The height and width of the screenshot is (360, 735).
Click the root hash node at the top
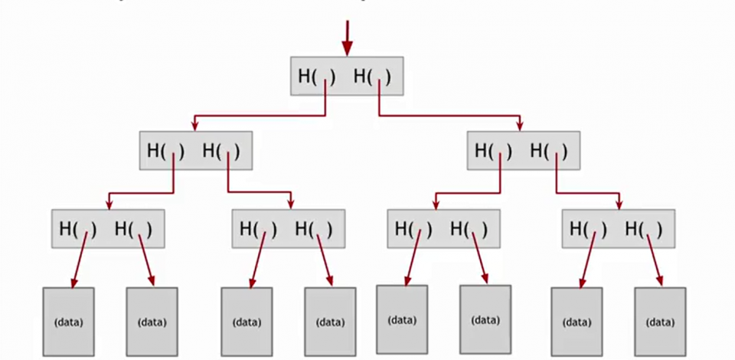(347, 77)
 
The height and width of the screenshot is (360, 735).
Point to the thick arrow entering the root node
(347, 37)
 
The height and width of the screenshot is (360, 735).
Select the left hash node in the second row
(196, 151)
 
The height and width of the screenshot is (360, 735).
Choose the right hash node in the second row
(524, 151)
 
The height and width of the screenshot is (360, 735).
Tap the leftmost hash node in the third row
(108, 228)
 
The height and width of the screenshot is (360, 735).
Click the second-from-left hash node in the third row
(288, 228)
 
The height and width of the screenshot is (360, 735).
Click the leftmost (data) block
(68, 322)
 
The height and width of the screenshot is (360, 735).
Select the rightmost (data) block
(660, 322)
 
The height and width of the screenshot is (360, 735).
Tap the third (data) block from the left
(247, 322)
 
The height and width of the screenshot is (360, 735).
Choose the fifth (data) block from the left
(402, 320)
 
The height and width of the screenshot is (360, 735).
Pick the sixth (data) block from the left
(485, 320)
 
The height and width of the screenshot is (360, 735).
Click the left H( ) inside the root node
(316, 77)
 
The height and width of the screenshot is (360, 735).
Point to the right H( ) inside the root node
(372, 77)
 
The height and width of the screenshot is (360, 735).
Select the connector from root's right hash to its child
(452, 116)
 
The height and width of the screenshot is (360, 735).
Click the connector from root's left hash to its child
(260, 116)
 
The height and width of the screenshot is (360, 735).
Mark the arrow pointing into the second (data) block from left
(146, 260)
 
